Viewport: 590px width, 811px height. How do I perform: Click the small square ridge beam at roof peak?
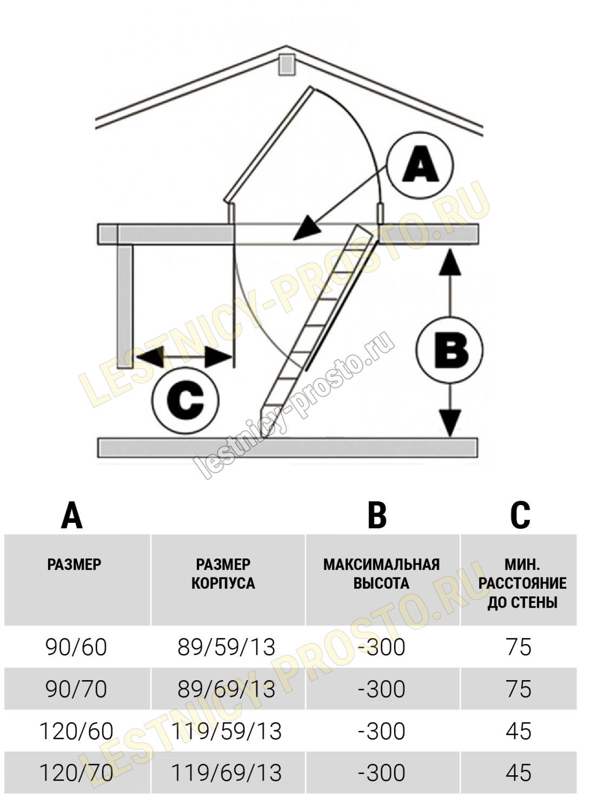(x=286, y=64)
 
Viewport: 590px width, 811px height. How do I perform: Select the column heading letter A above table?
(x=72, y=515)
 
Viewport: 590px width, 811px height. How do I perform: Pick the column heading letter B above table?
(x=377, y=515)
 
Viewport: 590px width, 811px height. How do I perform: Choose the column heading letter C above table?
(x=520, y=515)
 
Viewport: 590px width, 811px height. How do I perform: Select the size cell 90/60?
(x=76, y=647)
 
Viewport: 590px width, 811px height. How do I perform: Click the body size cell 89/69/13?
(x=227, y=689)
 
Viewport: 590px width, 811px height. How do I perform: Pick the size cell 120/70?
(x=76, y=773)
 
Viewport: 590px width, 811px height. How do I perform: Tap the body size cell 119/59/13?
(x=227, y=731)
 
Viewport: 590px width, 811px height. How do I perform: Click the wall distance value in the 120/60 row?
(x=519, y=731)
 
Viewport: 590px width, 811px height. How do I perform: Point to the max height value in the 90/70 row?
(x=381, y=689)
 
